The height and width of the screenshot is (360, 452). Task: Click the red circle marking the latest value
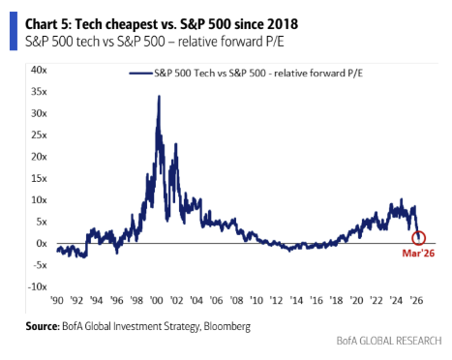click(419, 238)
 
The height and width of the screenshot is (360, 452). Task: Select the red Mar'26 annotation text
click(419, 256)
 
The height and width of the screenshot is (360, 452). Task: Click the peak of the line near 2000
click(159, 96)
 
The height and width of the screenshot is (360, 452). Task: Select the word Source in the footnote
click(46, 327)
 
